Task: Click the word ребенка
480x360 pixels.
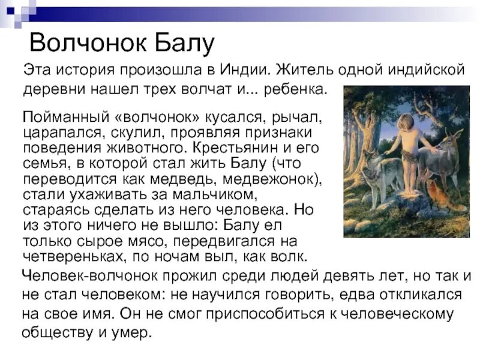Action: [x=298, y=90]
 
